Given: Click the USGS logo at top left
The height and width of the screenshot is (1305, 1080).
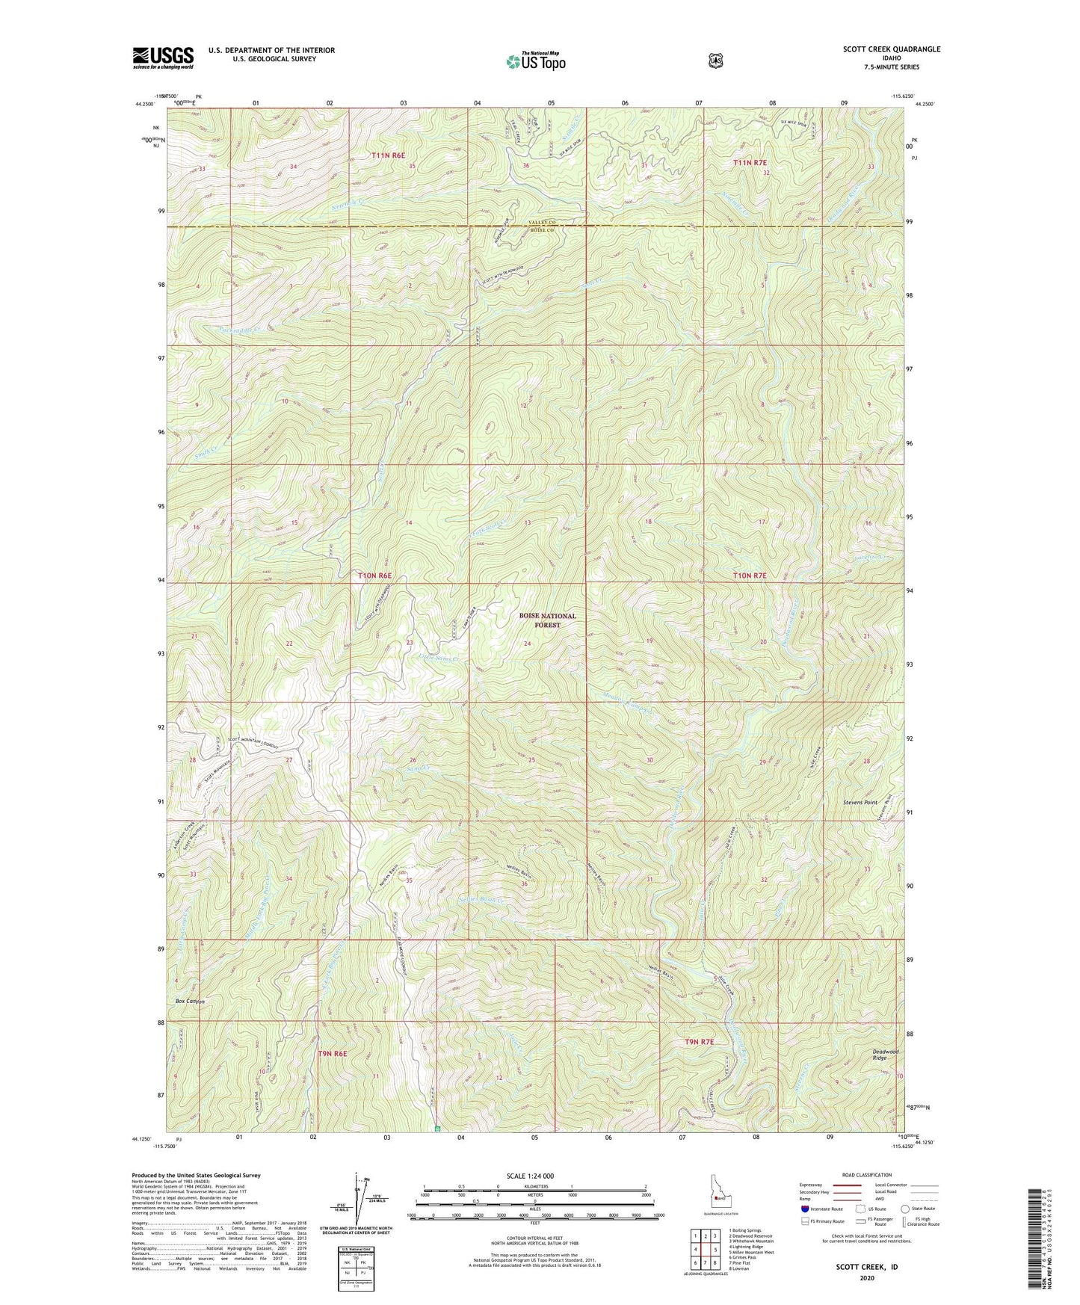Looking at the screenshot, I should [163, 58].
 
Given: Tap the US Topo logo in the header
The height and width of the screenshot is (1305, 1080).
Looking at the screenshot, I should [534, 61].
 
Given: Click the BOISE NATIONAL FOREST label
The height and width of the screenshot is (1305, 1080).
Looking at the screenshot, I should [549, 620].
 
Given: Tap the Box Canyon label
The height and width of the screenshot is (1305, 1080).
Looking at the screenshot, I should [190, 1001].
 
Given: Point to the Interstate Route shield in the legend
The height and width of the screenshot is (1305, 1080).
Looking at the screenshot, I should [804, 1209].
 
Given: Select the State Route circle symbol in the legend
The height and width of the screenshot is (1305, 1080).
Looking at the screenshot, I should [905, 1209].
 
